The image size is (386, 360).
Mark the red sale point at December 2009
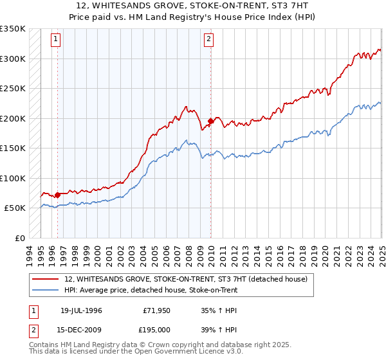coord(210,121)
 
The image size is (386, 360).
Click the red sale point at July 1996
coord(57,195)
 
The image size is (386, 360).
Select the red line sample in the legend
coord(44,279)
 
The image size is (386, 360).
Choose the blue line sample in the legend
coord(44,290)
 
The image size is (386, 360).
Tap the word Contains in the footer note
coord(45,345)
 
